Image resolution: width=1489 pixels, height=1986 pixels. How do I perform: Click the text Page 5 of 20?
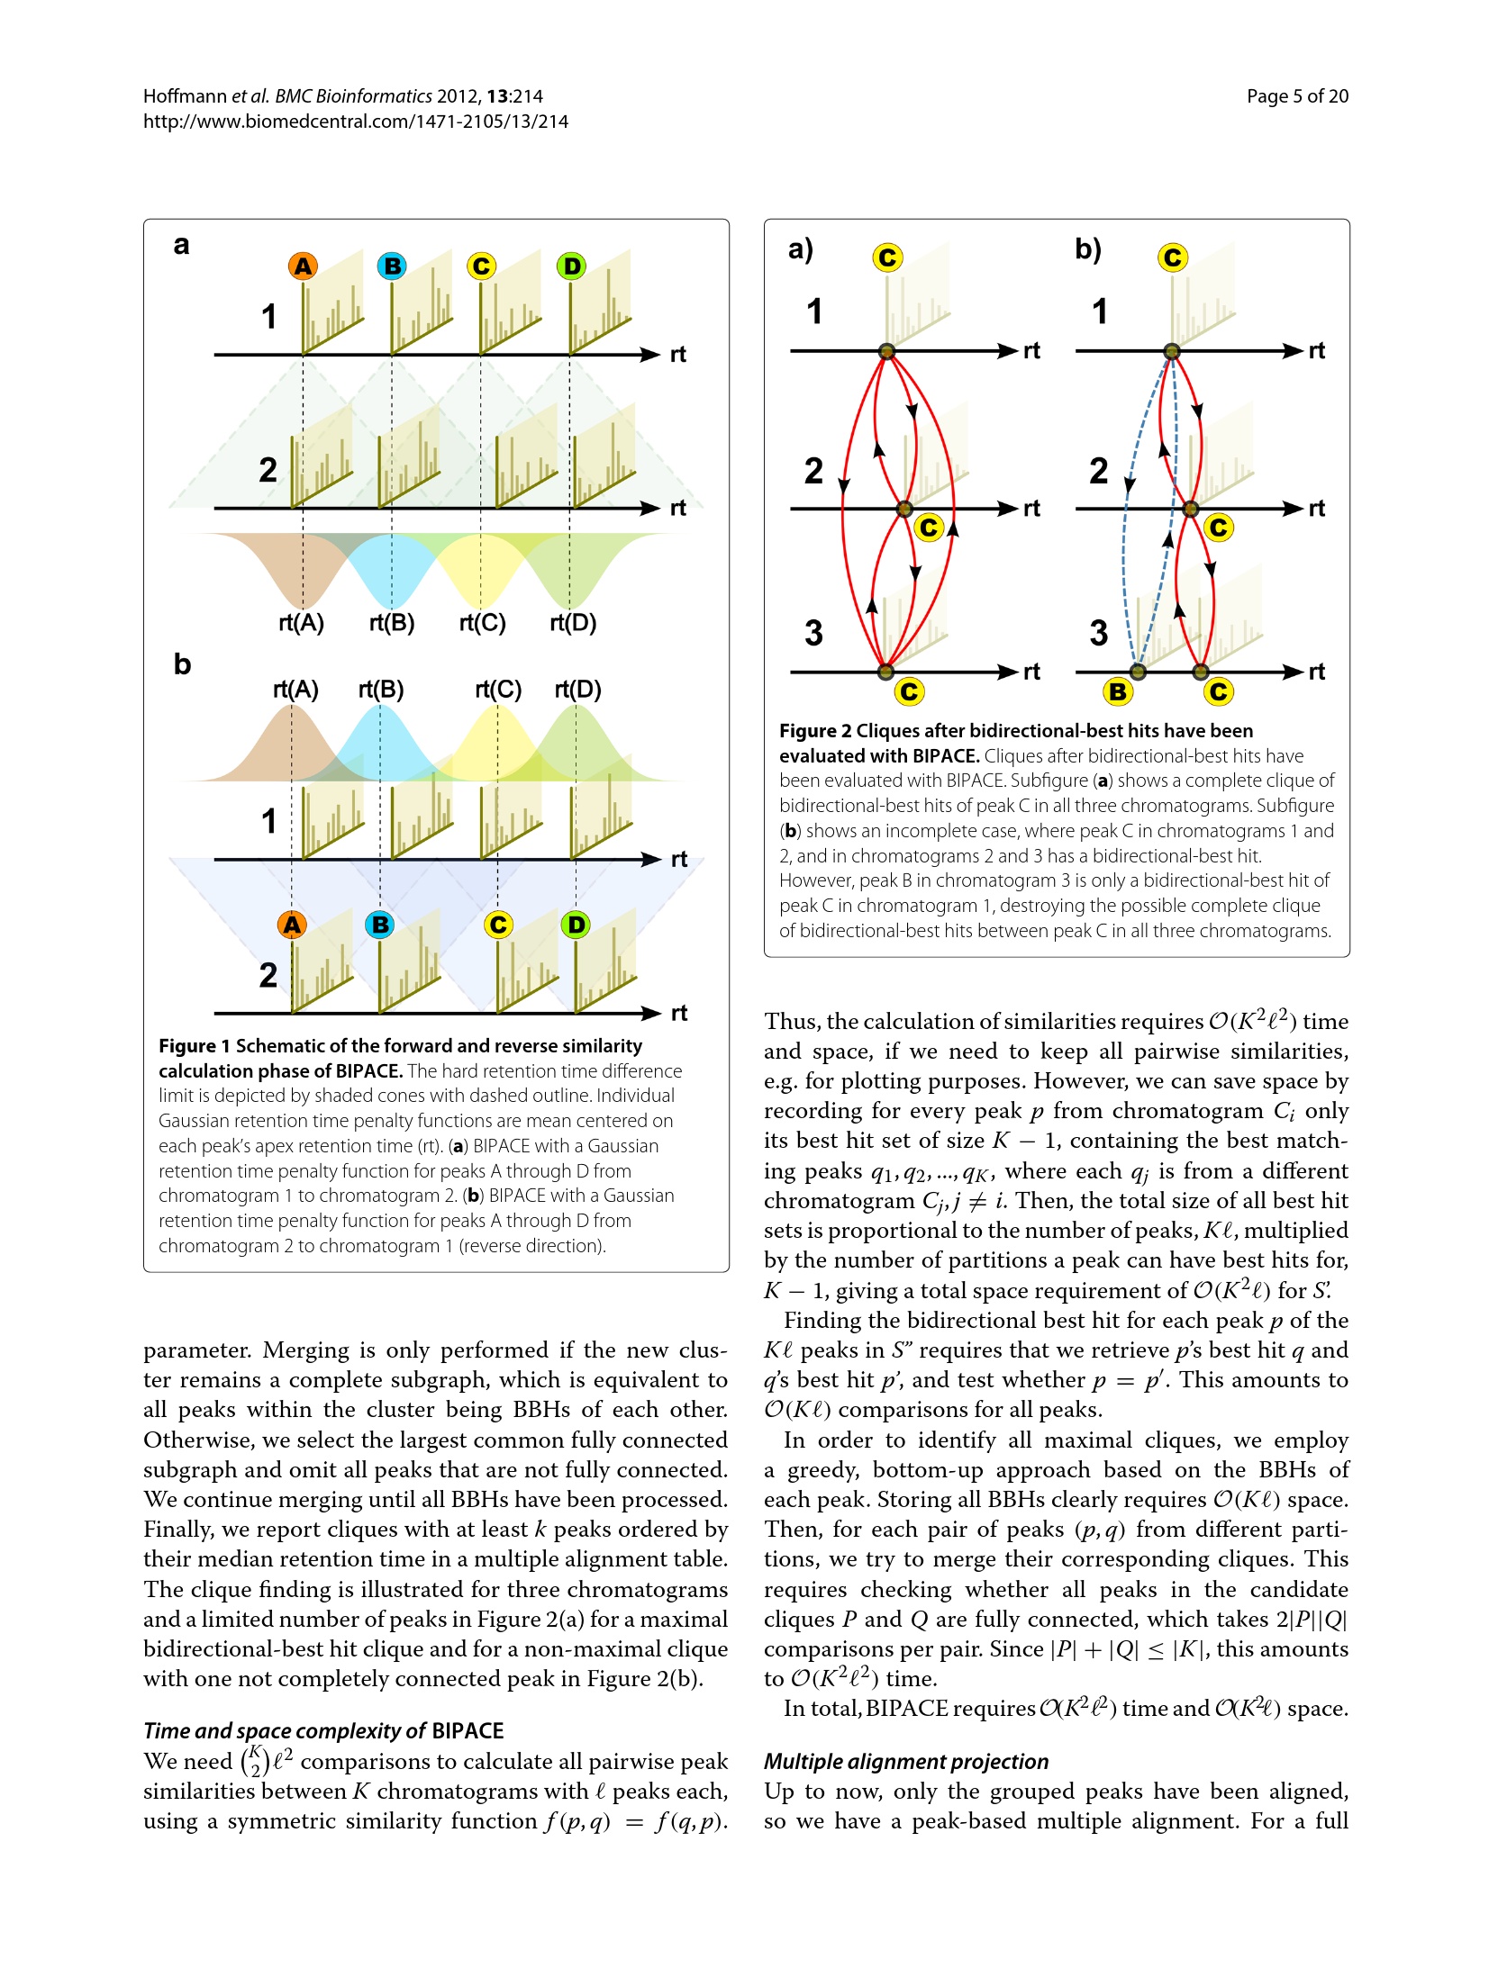(1296, 96)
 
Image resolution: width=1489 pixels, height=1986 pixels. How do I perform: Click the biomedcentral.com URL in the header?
(356, 122)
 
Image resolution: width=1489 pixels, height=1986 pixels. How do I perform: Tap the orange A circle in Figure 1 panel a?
(304, 266)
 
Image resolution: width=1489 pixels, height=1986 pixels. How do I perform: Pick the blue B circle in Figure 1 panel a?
(392, 266)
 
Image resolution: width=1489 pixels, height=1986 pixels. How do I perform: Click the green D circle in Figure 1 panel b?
(576, 925)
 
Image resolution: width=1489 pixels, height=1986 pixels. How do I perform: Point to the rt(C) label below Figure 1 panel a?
(482, 623)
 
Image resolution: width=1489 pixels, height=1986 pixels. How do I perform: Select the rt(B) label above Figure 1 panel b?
(380, 690)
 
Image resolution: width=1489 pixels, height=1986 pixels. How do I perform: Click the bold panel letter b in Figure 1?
(182, 664)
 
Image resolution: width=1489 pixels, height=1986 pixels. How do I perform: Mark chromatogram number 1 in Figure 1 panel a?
(268, 317)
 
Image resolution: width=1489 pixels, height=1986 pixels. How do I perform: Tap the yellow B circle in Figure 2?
(1118, 691)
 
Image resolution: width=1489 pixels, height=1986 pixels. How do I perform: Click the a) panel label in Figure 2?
(800, 248)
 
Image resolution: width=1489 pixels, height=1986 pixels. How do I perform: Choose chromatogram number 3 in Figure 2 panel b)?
(1098, 633)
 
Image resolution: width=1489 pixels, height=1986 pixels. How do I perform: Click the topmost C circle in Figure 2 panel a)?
(887, 258)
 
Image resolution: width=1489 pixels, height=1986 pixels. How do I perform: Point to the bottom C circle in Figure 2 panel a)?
(909, 691)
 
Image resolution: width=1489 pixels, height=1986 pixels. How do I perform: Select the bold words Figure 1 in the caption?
(194, 1046)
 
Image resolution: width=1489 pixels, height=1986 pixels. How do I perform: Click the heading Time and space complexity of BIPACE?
(323, 1731)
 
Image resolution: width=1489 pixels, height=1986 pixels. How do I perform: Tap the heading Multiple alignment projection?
(906, 1762)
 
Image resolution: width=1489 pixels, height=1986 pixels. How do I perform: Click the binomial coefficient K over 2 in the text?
(254, 1762)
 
